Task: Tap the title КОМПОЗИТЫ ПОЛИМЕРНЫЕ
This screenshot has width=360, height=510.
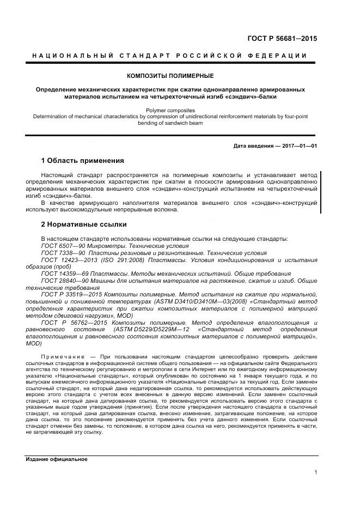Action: click(170, 76)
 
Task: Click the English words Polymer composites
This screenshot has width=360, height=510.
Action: click(170, 110)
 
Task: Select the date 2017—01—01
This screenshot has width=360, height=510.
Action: click(299, 146)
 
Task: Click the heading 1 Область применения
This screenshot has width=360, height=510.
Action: click(83, 161)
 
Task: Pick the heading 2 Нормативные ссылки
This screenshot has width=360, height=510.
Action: click(84, 224)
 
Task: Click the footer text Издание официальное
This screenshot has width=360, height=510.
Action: click(57, 459)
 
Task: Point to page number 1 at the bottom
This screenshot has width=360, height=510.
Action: click(316, 472)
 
